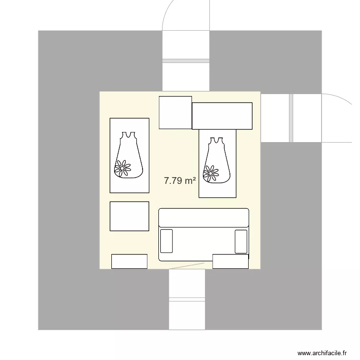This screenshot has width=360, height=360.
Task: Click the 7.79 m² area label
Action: coord(180,180)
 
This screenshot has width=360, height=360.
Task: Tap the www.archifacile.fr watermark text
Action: coord(322,353)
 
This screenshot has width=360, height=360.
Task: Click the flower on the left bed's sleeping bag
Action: coord(122,168)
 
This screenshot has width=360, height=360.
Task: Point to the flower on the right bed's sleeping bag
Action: coord(211,173)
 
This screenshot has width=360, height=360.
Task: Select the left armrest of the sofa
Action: coord(167,241)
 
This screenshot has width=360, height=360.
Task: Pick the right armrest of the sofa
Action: coord(241,241)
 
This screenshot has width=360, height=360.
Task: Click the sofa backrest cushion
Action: coord(204,217)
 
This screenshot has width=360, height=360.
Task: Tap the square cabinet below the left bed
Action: coord(130,216)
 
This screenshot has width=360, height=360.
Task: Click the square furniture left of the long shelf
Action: coord(175,112)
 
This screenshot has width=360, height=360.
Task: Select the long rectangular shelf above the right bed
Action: coord(222,116)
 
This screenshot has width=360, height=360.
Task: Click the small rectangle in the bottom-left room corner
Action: coord(129,261)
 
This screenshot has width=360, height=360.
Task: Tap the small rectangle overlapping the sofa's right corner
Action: coord(230,261)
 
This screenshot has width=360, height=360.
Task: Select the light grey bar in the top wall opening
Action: coord(186,61)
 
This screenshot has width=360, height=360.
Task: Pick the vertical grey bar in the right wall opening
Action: coord(291,118)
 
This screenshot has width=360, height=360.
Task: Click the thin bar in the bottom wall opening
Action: coord(187,300)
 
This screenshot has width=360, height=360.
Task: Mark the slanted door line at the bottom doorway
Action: coord(188,266)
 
